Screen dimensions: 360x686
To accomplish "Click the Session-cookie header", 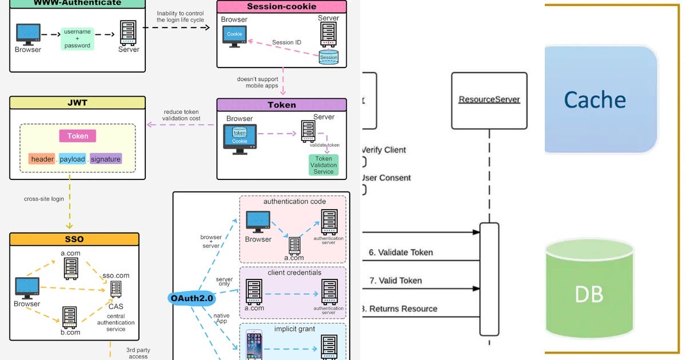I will click(x=282, y=7).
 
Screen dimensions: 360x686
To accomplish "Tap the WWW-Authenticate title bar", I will click(x=77, y=3).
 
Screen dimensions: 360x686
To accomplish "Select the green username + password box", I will click(x=77, y=39).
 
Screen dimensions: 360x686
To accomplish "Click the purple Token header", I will click(x=282, y=105).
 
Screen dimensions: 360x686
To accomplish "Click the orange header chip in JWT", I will click(x=42, y=159).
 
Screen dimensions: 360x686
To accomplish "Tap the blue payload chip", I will click(x=72, y=159).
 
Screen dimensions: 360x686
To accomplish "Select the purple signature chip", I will click(x=106, y=159).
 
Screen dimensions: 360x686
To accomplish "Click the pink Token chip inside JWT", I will click(x=78, y=136).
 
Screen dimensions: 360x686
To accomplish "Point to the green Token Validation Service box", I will click(x=324, y=165).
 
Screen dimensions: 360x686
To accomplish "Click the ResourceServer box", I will click(x=489, y=100).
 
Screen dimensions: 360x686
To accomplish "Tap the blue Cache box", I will click(x=597, y=100).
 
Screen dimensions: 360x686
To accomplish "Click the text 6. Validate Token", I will click(x=401, y=252).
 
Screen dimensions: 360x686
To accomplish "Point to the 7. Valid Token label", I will click(x=395, y=281).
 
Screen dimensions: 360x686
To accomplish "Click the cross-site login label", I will click(x=43, y=199).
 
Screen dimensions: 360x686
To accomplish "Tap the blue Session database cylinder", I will click(x=329, y=57).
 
